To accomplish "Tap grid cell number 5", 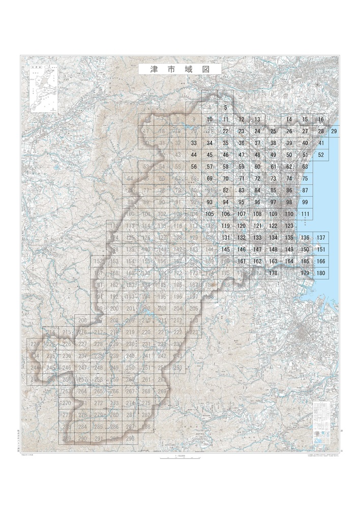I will [x=225, y=108].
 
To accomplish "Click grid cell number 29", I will [x=334, y=132].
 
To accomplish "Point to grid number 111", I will [x=305, y=214].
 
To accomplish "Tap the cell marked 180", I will [x=321, y=273].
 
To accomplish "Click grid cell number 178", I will [x=273, y=273].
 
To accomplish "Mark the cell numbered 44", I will [x=194, y=154].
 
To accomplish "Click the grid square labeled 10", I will [x=209, y=119].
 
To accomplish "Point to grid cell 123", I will [x=289, y=226].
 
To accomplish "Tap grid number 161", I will [x=242, y=261].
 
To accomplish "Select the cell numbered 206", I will [x=82, y=321].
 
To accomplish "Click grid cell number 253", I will [x=177, y=368].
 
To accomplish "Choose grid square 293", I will [x=130, y=438].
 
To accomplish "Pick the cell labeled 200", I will [x=114, y=308].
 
